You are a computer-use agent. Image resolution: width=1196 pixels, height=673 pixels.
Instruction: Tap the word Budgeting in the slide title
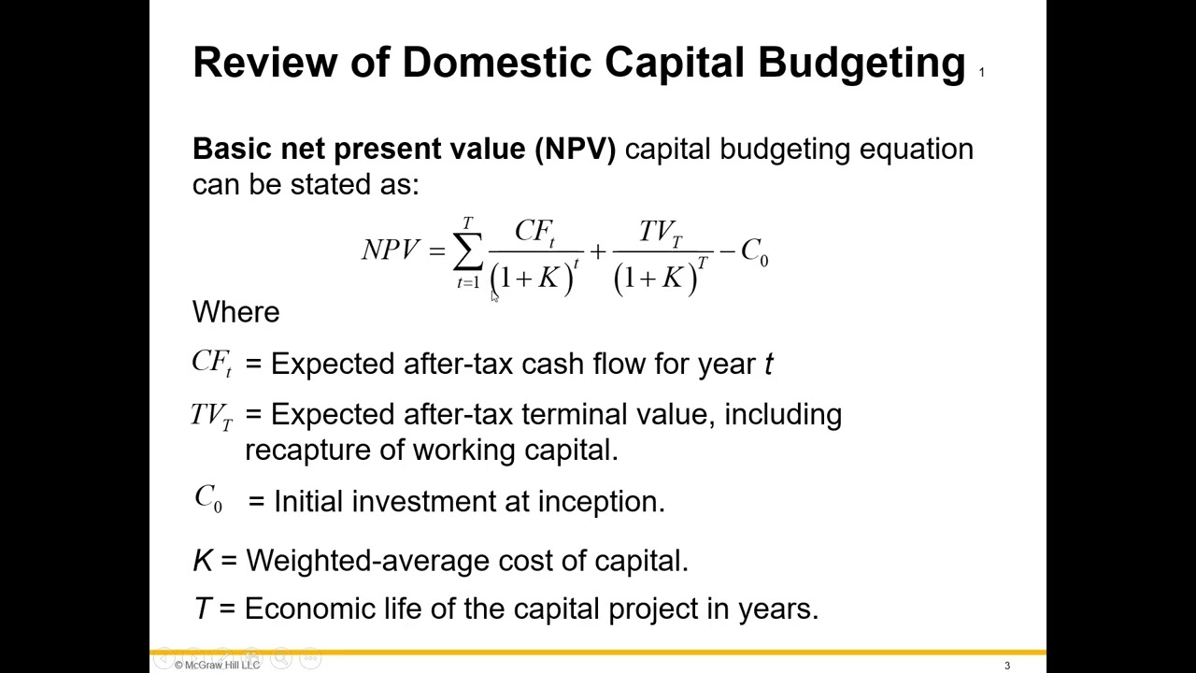tap(861, 63)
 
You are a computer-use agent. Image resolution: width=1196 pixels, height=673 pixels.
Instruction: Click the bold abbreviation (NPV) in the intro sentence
tap(575, 150)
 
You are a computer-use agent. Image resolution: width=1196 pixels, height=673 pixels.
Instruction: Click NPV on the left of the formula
tap(391, 251)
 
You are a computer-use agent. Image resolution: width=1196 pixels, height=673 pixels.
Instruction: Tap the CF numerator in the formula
tap(534, 232)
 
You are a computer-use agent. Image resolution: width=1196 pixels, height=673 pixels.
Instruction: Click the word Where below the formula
tap(235, 312)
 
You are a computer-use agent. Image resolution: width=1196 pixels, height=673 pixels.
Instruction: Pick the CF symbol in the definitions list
tap(211, 364)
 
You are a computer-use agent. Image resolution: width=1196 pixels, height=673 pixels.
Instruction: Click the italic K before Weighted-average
tap(202, 561)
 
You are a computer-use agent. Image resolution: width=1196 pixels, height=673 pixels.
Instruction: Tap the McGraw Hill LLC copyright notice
tap(217, 665)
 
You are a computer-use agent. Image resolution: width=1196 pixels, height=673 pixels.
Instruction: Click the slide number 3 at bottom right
tap(1007, 666)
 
